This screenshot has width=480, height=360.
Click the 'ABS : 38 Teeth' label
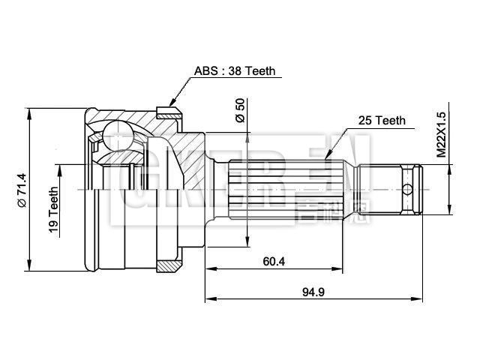[x=234, y=71]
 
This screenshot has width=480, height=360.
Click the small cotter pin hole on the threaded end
[x=407, y=187]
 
